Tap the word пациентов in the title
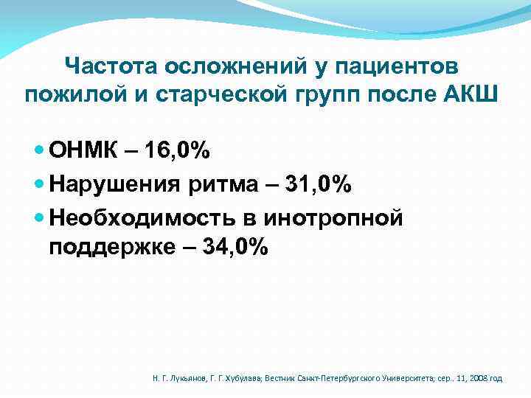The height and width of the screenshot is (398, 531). click(x=398, y=66)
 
